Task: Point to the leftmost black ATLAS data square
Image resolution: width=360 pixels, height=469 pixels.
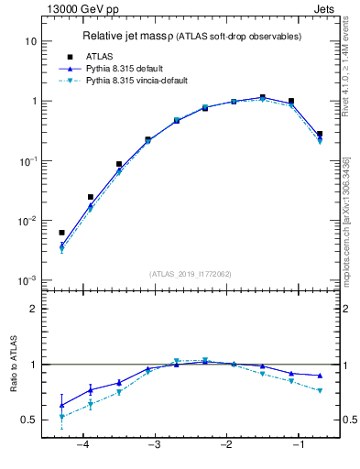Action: [x=61, y=233]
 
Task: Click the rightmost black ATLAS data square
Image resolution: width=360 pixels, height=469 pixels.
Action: [x=320, y=134]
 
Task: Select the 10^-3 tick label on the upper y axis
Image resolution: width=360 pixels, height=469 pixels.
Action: [x=28, y=280]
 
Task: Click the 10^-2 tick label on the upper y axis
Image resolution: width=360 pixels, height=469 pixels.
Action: [x=28, y=221]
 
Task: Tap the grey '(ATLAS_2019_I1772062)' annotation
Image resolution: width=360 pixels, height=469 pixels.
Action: [x=190, y=273]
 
